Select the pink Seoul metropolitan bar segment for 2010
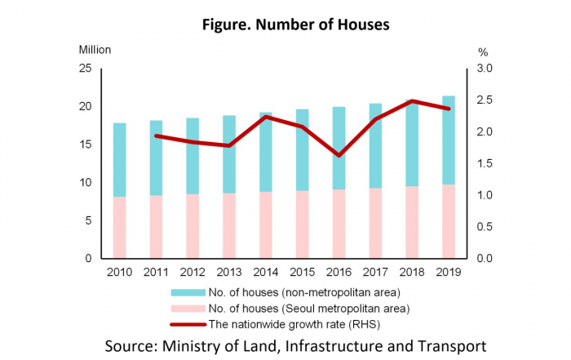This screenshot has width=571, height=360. click(x=119, y=228)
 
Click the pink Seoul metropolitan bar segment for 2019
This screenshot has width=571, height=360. click(x=448, y=221)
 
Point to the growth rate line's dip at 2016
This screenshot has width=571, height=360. click(x=339, y=155)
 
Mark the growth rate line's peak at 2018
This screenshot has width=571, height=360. click(x=412, y=101)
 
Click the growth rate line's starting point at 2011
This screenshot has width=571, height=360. click(x=156, y=136)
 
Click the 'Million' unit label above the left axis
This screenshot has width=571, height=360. click(x=95, y=49)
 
